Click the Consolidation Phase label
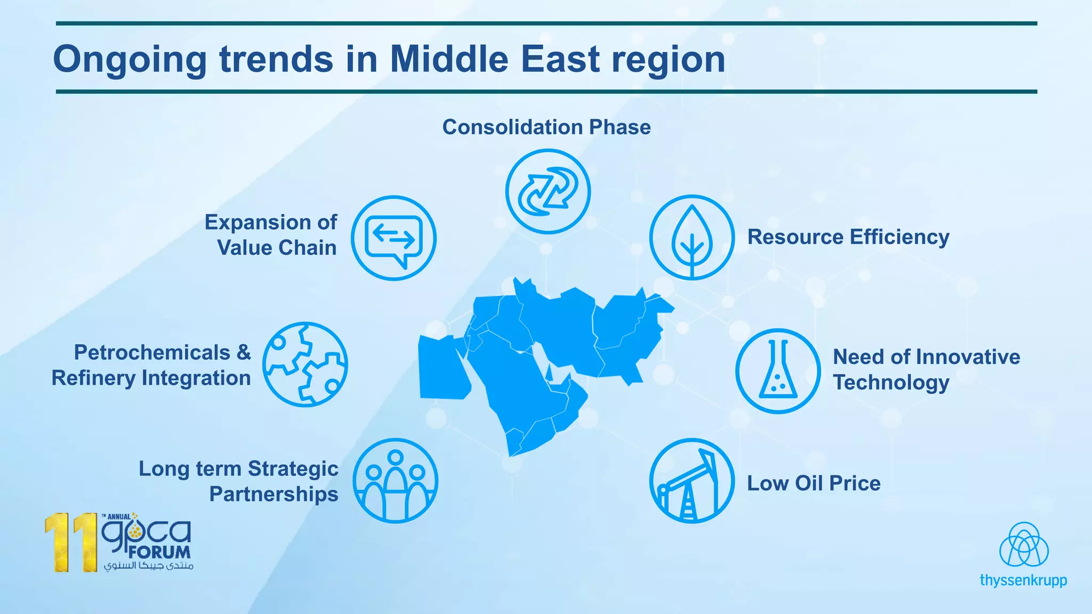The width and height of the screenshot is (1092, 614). click(547, 127)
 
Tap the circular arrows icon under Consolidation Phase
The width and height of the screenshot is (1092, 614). click(548, 191)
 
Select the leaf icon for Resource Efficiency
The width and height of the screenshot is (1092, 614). click(692, 238)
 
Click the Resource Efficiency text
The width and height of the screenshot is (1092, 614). click(848, 237)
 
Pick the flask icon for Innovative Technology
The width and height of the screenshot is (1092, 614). click(778, 371)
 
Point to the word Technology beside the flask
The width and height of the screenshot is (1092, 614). click(891, 383)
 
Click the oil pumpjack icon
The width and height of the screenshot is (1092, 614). click(692, 481)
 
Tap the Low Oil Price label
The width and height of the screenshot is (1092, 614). click(813, 483)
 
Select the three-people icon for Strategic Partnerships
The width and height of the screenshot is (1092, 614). click(395, 481)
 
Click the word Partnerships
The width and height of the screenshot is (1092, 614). click(274, 494)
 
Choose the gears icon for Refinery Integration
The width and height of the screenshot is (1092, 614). click(305, 365)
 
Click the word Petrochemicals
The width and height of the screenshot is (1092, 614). click(152, 353)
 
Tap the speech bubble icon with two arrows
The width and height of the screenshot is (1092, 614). click(394, 238)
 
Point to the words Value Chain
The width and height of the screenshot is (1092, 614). click(277, 248)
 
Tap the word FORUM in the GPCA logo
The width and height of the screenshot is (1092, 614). click(159, 552)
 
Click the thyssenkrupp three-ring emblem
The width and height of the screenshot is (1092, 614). click(1024, 545)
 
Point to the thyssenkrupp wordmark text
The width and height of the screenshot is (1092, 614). click(1023, 580)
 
